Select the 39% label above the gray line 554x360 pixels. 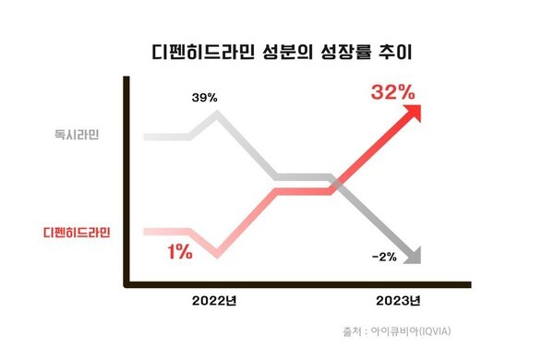point(204,96)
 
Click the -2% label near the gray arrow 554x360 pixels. point(383,257)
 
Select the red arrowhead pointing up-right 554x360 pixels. point(414,112)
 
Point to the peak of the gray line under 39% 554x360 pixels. point(218,114)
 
